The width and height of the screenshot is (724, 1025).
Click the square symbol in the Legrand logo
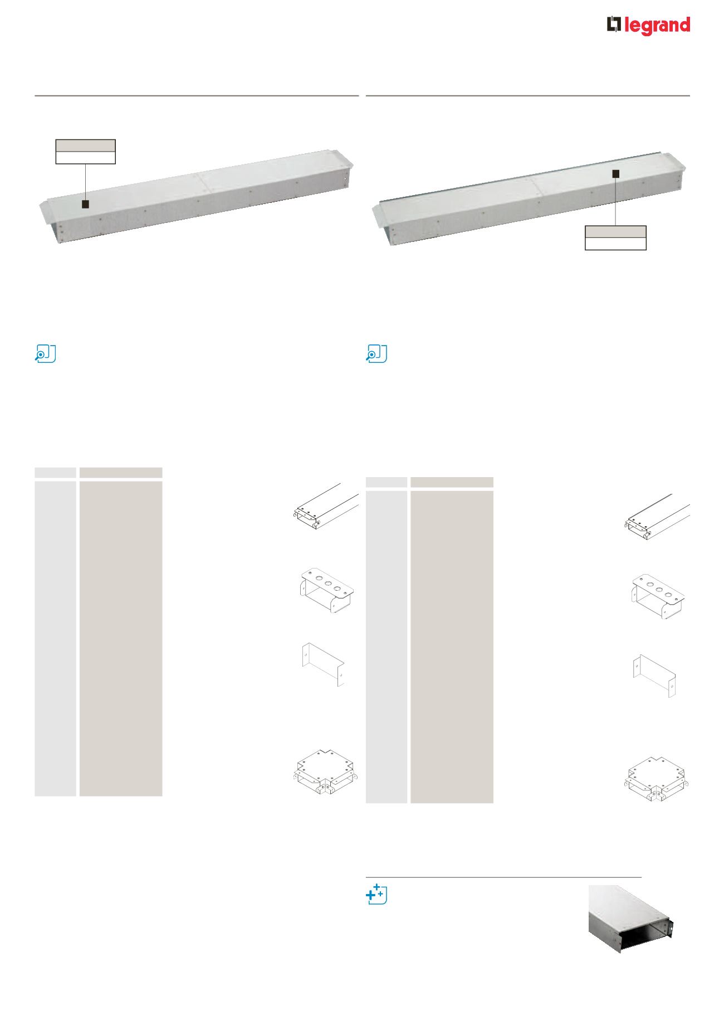(614, 25)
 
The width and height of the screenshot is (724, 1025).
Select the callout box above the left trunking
(85, 152)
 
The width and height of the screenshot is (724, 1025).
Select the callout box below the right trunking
(615, 238)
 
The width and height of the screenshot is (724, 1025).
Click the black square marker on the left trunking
(85, 205)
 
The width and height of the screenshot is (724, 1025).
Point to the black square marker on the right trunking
(615, 174)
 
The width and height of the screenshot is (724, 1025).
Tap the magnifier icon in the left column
(45, 354)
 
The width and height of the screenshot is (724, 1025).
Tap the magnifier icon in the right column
(376, 354)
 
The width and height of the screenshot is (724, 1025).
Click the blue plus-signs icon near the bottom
(376, 893)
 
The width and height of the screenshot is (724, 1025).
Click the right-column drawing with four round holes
(658, 597)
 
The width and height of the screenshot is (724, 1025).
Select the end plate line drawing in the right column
(655, 676)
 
